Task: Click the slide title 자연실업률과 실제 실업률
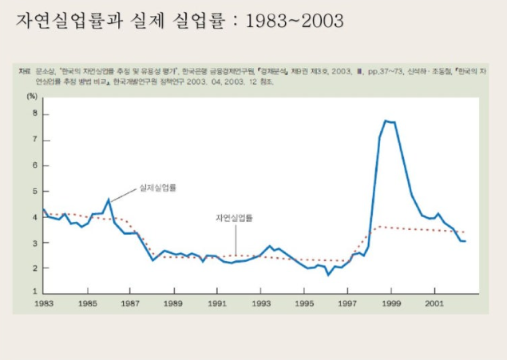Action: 180,20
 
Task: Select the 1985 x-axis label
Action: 89,304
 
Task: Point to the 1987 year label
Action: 131,304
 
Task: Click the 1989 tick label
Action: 173,304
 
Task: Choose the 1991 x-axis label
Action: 216,304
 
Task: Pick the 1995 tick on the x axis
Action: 304,304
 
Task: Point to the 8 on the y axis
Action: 35,113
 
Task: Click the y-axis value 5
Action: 35,192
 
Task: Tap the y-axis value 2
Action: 35,268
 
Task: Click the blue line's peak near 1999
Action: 386,121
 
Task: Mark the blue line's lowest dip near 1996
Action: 327,275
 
